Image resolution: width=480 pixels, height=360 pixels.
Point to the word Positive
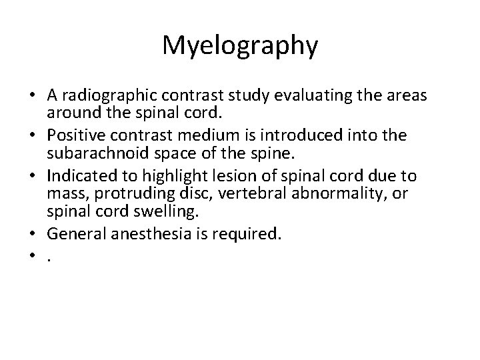(119, 135)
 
